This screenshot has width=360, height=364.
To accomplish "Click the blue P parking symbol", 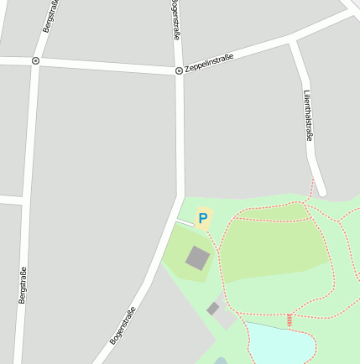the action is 202,219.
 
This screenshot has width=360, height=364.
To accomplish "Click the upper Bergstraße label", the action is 50,17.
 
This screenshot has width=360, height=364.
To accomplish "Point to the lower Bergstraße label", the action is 23,284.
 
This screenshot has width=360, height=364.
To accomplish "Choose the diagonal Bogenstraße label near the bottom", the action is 123,326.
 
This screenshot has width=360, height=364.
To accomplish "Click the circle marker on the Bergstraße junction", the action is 35,60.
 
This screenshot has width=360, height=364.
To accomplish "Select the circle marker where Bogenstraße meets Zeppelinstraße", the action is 179,71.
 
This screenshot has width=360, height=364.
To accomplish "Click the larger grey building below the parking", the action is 198,257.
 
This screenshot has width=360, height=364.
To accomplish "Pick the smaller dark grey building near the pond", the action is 213,309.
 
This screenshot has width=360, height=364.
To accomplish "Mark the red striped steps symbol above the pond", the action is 290,320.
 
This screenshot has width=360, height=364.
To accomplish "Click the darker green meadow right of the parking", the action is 273,248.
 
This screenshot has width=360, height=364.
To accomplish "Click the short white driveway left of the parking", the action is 185,222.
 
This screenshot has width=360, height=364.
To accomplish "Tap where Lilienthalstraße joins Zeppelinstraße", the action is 294,39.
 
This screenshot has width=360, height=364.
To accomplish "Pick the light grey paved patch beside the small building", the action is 225,316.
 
